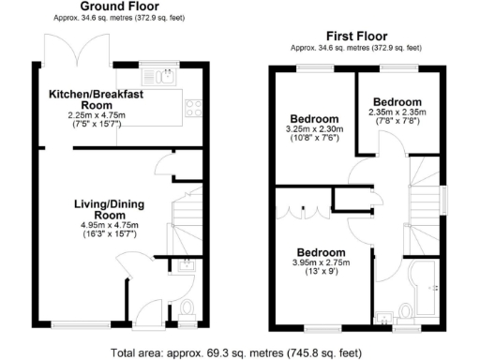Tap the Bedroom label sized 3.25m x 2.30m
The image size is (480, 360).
tap(312, 119)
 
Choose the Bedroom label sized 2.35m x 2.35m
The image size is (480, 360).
tap(397, 101)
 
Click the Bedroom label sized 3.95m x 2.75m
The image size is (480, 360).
tap(321, 253)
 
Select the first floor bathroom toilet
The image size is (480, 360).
tap(405, 311)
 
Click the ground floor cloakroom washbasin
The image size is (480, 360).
tap(186, 264)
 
